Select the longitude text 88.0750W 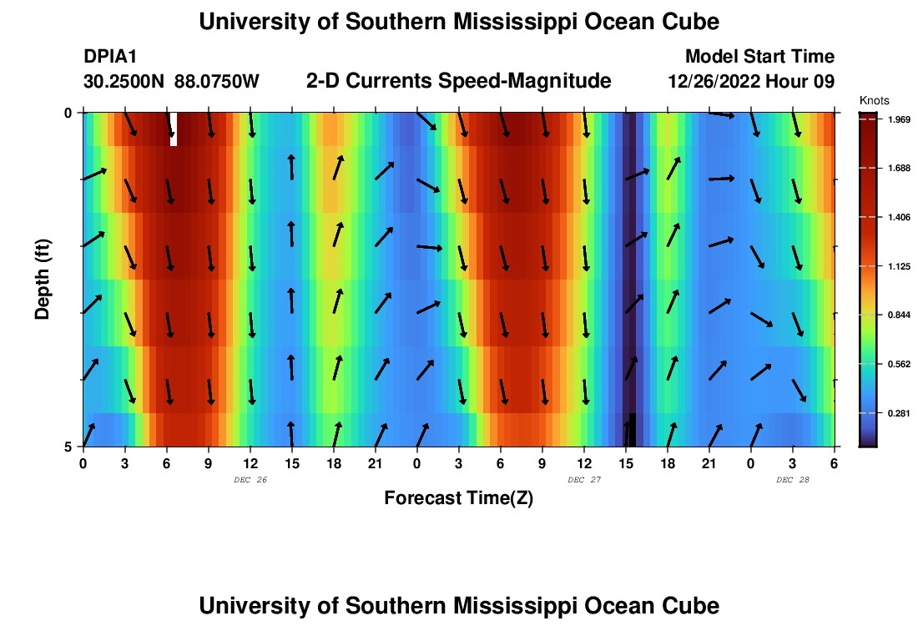pyautogui.click(x=217, y=82)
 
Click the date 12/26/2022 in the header pyautogui.click(x=718, y=82)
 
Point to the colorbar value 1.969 pyautogui.click(x=898, y=119)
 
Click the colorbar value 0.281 pyautogui.click(x=898, y=413)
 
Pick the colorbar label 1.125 pyautogui.click(x=898, y=266)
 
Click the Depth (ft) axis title pyautogui.click(x=43, y=277)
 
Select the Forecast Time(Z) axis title pyautogui.click(x=458, y=498)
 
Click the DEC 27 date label pyautogui.click(x=583, y=480)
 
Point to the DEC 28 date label pyautogui.click(x=792, y=480)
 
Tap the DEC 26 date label pyautogui.click(x=250, y=480)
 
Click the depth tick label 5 pyautogui.click(x=68, y=447)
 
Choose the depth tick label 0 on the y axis pyautogui.click(x=68, y=113)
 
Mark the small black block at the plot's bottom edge pyautogui.click(x=632, y=430)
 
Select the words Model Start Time pyautogui.click(x=759, y=57)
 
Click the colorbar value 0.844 pyautogui.click(x=898, y=315)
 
